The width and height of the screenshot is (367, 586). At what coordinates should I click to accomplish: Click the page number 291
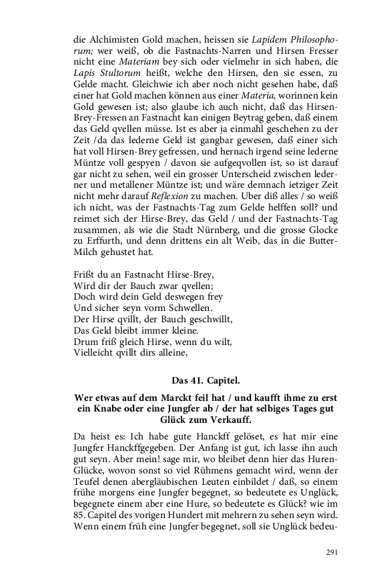pos(332,552)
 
